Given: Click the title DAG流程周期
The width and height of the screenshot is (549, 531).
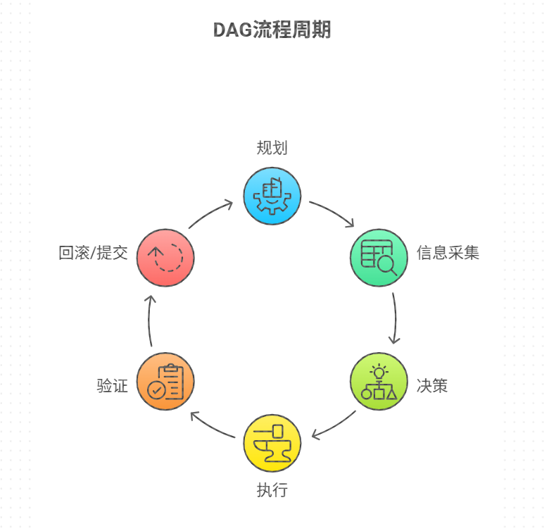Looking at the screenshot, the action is [x=272, y=30].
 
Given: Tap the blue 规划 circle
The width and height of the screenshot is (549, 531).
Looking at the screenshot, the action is [x=272, y=196].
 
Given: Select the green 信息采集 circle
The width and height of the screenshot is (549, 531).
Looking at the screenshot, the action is [x=379, y=258].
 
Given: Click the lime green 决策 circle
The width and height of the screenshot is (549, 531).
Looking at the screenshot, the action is [x=379, y=381].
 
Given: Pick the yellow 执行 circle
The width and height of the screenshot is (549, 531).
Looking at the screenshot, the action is [x=272, y=443].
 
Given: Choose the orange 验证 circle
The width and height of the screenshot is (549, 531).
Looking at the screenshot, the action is [x=165, y=381].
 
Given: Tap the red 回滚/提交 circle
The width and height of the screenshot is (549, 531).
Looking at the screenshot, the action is [x=165, y=258].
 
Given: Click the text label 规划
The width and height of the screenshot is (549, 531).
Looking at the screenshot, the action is [x=272, y=148].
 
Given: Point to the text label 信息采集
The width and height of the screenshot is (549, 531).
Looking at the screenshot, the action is [x=448, y=253].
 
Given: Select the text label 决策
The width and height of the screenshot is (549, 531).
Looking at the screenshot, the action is [x=432, y=386].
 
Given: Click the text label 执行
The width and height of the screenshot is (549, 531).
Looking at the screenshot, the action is [x=272, y=489].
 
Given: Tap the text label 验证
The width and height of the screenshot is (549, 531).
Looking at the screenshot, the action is [x=113, y=386].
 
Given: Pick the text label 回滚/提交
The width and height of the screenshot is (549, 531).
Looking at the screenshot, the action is [x=93, y=253].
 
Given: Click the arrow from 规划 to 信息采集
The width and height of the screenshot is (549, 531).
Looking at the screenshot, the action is [x=333, y=211].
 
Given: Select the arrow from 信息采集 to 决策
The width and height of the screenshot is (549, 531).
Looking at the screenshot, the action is [x=396, y=318].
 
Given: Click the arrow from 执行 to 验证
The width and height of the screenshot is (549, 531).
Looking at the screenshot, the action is [x=211, y=427].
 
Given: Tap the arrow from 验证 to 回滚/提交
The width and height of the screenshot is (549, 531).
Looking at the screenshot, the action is [x=149, y=320].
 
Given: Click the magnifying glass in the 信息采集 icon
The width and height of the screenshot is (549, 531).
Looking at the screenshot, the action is [x=388, y=265].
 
